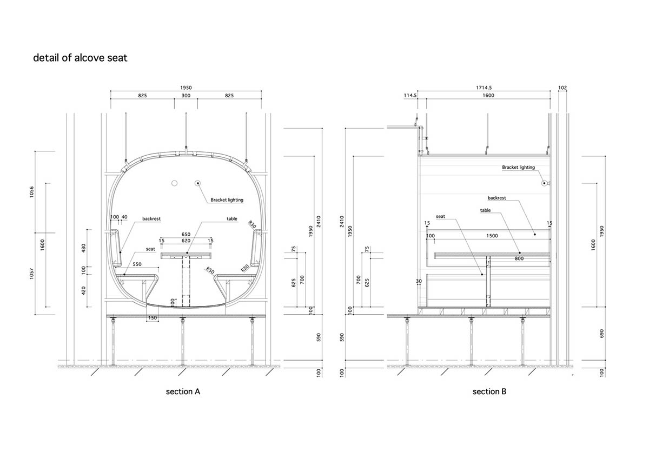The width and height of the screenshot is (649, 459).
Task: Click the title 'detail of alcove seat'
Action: [80, 58]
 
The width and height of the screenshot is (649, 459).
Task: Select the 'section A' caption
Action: [183, 391]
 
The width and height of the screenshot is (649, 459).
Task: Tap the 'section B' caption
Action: [489, 391]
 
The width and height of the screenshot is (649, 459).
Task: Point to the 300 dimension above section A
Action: [186, 95]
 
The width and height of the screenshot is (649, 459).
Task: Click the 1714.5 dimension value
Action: [485, 88]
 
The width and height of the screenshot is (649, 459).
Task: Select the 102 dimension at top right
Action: [562, 88]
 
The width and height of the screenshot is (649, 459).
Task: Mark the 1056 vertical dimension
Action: [31, 192]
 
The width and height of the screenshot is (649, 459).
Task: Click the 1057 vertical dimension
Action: [31, 274]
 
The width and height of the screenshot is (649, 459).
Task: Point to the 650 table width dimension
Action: [186, 234]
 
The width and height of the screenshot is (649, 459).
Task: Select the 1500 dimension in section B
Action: [492, 236]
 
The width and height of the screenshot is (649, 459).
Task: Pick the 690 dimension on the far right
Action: [601, 334]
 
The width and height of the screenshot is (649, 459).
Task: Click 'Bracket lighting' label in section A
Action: [227, 200]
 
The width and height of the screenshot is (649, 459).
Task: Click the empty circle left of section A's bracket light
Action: [175, 184]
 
